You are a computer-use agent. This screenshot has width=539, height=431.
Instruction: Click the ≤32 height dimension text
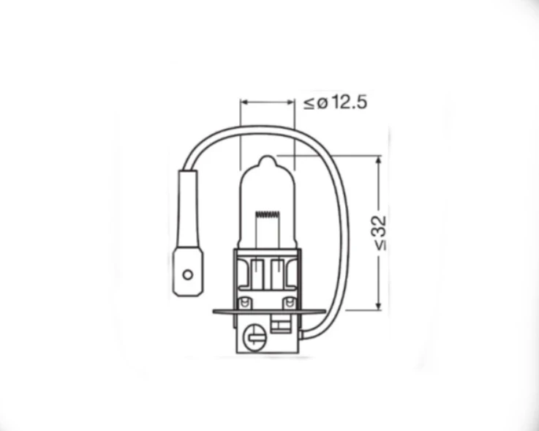point(381,233)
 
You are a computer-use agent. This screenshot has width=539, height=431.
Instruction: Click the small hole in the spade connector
point(187,275)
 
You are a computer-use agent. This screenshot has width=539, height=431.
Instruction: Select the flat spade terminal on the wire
point(186,273)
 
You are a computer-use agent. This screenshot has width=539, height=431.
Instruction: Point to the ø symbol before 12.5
point(320,103)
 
